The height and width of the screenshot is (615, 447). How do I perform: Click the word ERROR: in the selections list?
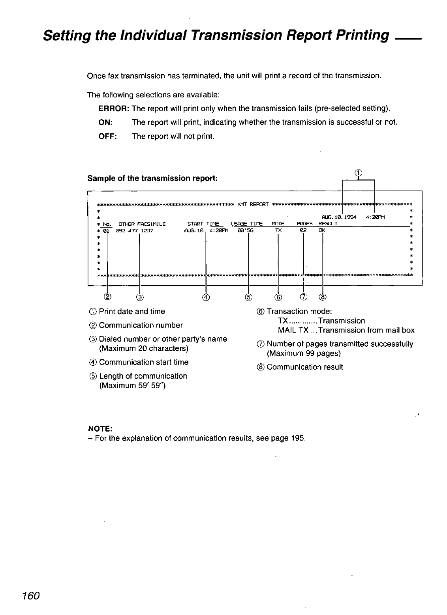[x=114, y=108]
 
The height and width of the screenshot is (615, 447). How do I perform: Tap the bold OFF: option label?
[x=107, y=136]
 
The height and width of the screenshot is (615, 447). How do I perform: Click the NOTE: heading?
[x=100, y=428]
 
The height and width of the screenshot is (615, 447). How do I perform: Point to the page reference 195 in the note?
[x=298, y=438]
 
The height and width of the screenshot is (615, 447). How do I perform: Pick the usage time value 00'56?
[x=245, y=230]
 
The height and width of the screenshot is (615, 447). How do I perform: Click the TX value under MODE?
[x=278, y=230]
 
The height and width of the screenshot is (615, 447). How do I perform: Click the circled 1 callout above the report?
[x=358, y=172]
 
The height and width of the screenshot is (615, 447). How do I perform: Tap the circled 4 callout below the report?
[x=206, y=297]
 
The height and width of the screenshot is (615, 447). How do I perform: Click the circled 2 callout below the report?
[x=108, y=297]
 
